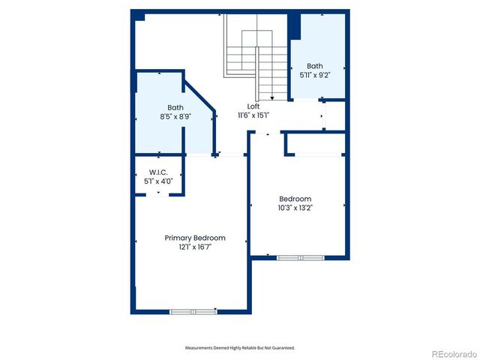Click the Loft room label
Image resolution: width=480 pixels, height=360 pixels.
tap(253, 106)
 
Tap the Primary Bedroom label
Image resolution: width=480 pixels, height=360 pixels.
tap(195, 238)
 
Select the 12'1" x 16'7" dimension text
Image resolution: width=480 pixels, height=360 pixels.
tap(195, 247)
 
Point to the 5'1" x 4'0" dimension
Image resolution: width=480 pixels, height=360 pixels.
tap(157, 181)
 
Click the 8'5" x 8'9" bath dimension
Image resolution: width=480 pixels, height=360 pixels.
tap(175, 117)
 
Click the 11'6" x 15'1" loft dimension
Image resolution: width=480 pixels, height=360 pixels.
tap(253, 115)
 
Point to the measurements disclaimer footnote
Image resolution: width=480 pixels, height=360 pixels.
tap(240, 348)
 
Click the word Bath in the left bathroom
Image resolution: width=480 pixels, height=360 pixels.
tap(175, 107)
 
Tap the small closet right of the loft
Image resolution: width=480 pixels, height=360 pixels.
tap(334, 115)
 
